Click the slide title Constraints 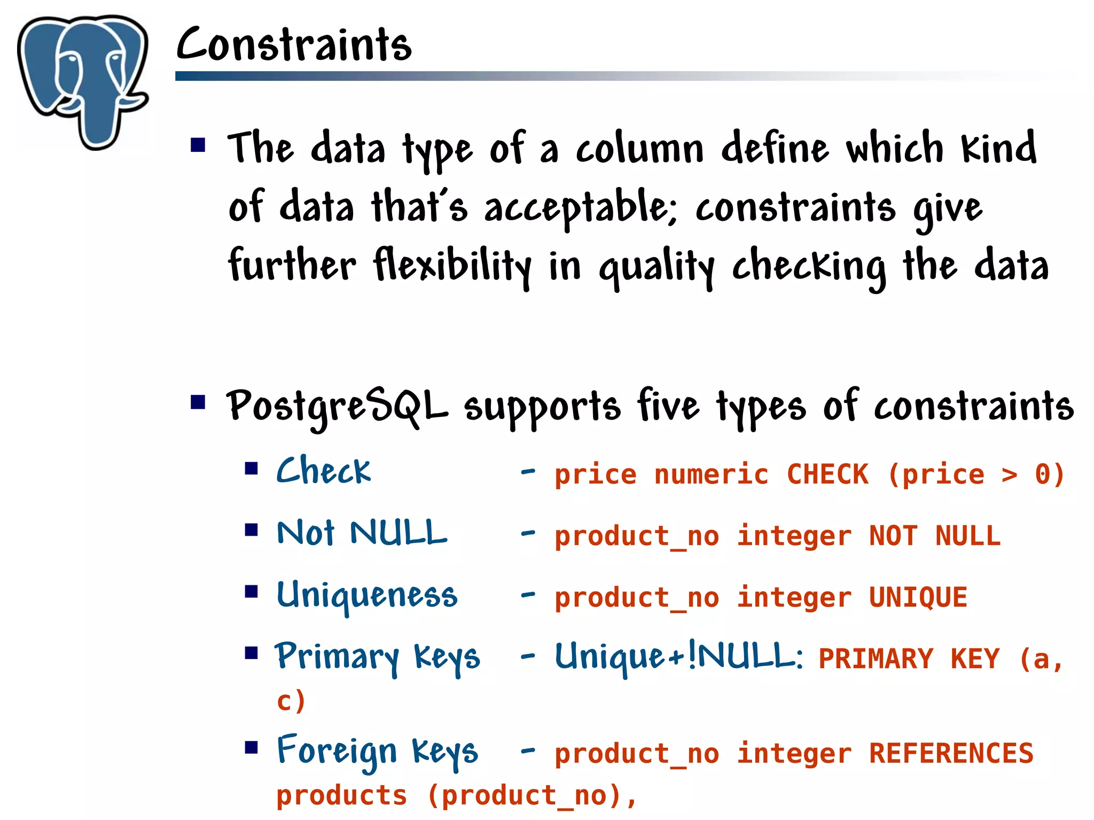pyautogui.click(x=294, y=45)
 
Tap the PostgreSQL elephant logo pyautogui.click(x=83, y=80)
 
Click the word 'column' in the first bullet pyautogui.click(x=639, y=150)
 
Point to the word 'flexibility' pyautogui.click(x=452, y=266)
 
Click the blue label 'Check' pyautogui.click(x=323, y=471)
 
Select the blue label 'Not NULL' pyautogui.click(x=362, y=533)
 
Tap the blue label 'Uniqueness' pyautogui.click(x=367, y=595)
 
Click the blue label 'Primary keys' pyautogui.click(x=377, y=657)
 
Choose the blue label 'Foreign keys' pyautogui.click(x=377, y=752)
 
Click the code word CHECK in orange pyautogui.click(x=827, y=475)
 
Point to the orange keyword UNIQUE pyautogui.click(x=918, y=598)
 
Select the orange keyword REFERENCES pyautogui.click(x=951, y=754)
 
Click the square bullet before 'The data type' pyautogui.click(x=198, y=145)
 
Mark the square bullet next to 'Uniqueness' pyautogui.click(x=251, y=592)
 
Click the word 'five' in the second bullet pyautogui.click(x=668, y=406)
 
